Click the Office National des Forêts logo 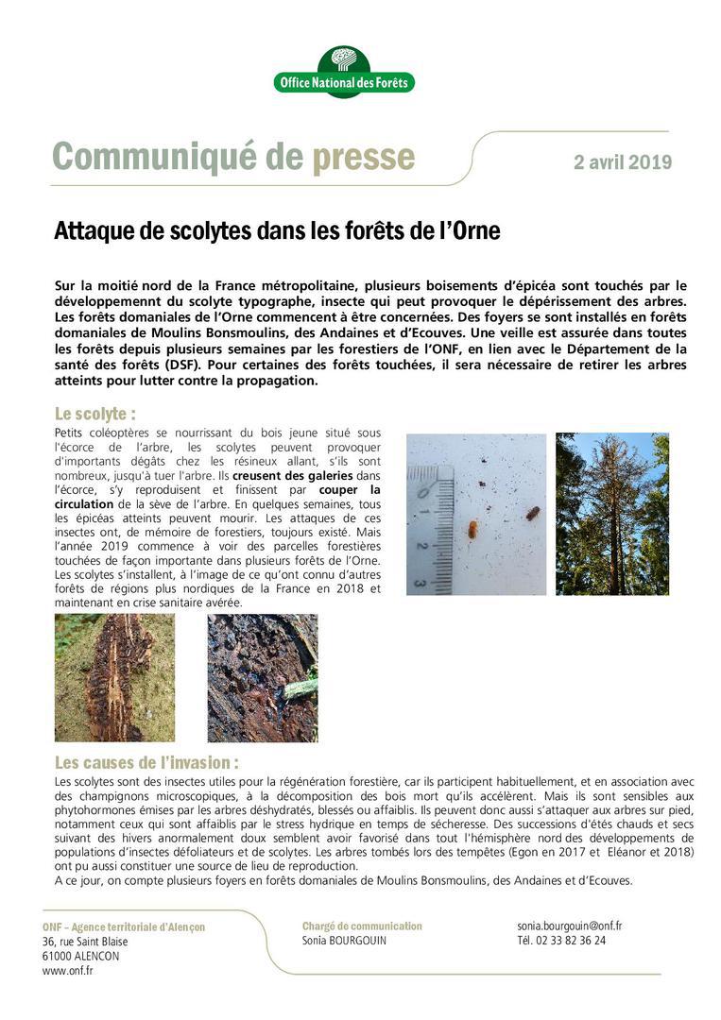coord(344,72)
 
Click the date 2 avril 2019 coord(623,161)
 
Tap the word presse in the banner coord(363,157)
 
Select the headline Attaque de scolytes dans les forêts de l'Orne coord(277,231)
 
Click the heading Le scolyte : coord(95,414)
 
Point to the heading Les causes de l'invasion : coord(146,762)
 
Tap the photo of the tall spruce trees coord(611,514)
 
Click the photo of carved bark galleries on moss coord(114,677)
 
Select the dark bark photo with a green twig coord(262,677)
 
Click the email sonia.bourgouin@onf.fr coord(569,926)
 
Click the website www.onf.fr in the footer coord(68,970)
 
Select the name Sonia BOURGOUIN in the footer coord(344,941)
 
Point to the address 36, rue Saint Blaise coord(85,942)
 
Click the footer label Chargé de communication coord(362,926)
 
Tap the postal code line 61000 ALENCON coord(81,956)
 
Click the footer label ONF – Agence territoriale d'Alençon coord(124,927)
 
